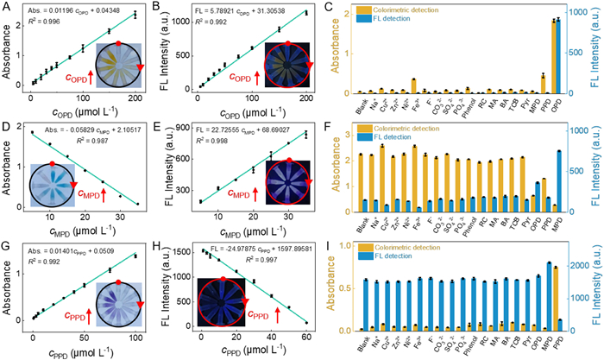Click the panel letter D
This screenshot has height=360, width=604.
(7, 127)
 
